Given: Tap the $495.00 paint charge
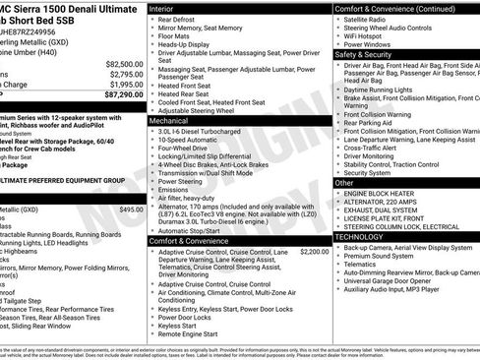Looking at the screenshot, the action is pyautogui.click(x=131, y=210).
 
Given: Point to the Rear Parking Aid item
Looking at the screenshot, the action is pyautogui.click(x=370, y=123).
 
